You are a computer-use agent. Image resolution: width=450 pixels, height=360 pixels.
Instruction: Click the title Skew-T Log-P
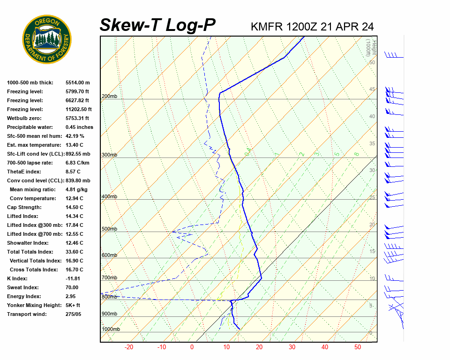click(x=157, y=25)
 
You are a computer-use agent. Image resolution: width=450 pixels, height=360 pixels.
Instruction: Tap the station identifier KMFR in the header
click(x=267, y=27)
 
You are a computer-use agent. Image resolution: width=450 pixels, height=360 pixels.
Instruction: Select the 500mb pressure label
click(x=109, y=229)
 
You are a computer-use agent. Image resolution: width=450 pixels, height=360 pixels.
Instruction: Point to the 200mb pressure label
click(x=109, y=97)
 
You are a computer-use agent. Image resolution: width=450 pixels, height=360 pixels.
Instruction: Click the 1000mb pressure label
click(x=111, y=329)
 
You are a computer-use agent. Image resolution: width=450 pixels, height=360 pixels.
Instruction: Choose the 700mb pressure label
click(x=109, y=278)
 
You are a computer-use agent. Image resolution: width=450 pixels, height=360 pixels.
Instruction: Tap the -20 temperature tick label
click(x=129, y=347)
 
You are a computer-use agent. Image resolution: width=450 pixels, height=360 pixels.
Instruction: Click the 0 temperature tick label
click(x=192, y=347)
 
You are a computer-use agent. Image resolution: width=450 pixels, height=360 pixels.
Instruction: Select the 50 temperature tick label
click(x=357, y=347)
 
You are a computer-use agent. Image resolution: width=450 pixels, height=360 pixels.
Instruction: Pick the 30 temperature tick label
click(x=292, y=347)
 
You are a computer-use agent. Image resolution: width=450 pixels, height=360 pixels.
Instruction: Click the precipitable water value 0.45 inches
click(x=79, y=127)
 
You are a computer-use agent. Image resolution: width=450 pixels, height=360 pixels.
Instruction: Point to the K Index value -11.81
click(x=74, y=278)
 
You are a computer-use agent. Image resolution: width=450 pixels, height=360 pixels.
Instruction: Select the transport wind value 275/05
click(x=74, y=314)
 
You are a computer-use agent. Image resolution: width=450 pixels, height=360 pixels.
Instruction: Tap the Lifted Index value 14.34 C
click(x=75, y=216)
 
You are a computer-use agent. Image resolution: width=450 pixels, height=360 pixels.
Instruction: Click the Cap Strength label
click(x=24, y=207)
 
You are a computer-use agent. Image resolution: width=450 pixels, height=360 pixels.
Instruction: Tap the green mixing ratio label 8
click(x=356, y=154)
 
